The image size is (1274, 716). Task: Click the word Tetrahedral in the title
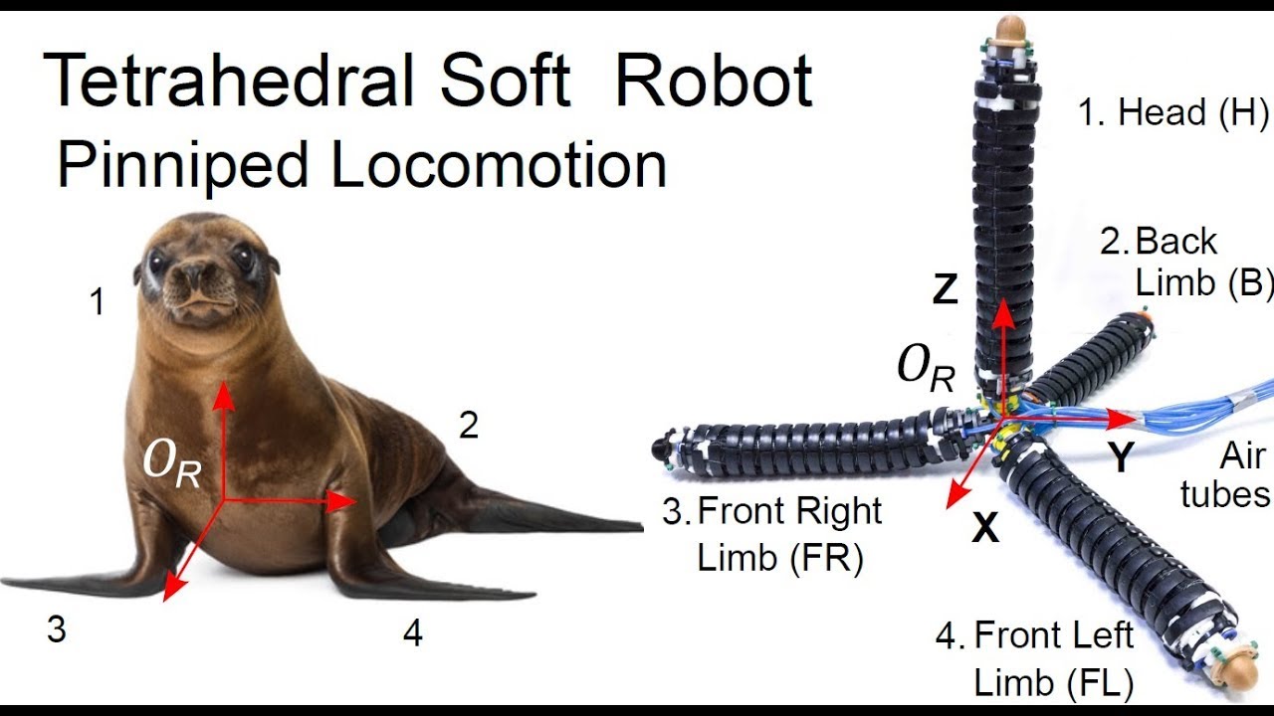click(228, 80)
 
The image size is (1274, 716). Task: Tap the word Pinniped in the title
click(182, 166)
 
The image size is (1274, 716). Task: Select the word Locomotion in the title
click(499, 164)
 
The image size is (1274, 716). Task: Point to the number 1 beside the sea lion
click(98, 301)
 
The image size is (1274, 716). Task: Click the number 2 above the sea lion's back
click(469, 425)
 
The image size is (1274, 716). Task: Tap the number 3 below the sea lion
click(57, 629)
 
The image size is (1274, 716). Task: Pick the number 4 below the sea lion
click(413, 633)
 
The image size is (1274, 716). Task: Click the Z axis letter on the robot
click(946, 289)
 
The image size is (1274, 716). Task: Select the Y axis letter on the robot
click(1121, 457)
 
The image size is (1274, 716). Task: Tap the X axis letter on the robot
click(985, 528)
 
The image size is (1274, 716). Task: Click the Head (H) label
click(1172, 112)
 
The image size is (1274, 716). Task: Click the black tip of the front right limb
click(661, 448)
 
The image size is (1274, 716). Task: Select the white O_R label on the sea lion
click(172, 463)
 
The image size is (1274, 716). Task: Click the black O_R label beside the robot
click(926, 368)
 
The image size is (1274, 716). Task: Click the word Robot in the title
click(715, 80)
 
